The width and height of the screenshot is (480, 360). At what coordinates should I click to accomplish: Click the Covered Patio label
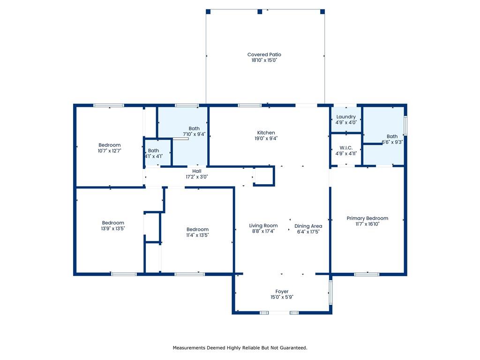click(264, 54)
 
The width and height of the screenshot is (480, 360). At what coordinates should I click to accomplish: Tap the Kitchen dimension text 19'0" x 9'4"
click(266, 138)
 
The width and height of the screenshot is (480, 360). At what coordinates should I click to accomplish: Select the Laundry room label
click(346, 117)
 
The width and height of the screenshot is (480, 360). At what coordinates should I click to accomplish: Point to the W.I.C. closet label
click(346, 148)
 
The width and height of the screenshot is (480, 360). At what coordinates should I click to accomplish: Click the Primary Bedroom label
click(367, 218)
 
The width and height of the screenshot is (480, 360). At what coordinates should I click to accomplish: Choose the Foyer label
click(282, 292)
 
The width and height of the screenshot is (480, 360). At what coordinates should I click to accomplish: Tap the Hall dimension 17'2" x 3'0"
click(196, 177)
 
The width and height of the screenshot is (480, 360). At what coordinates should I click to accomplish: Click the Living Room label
click(263, 225)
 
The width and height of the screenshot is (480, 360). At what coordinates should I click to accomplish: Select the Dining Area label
click(308, 226)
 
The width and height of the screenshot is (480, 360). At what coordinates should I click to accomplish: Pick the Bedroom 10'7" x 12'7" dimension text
click(110, 150)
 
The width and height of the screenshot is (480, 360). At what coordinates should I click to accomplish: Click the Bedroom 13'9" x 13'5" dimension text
click(113, 228)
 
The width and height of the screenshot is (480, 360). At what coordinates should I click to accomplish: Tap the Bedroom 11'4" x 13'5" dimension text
click(197, 235)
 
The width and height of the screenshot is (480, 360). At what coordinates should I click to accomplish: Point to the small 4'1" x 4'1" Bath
click(153, 153)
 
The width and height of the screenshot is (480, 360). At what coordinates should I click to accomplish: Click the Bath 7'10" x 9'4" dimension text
click(194, 134)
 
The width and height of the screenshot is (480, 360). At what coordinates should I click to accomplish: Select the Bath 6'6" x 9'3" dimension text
click(392, 142)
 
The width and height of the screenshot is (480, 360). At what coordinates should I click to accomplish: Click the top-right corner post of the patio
click(322, 12)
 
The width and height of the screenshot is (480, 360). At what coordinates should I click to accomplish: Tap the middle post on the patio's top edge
click(260, 12)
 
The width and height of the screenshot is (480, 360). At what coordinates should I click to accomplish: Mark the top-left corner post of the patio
click(208, 12)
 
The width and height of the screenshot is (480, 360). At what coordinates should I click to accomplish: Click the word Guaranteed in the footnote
click(294, 348)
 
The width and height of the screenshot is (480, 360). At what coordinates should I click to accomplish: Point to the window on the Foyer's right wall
click(330, 292)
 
